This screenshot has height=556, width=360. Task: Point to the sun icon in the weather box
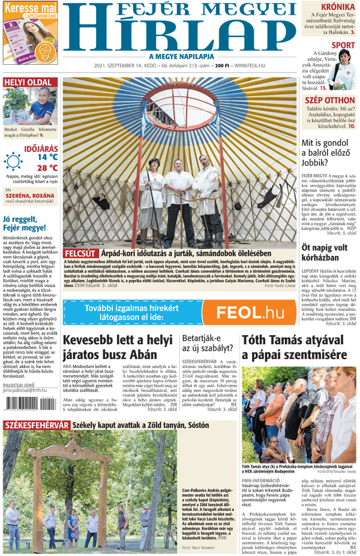[13, 162]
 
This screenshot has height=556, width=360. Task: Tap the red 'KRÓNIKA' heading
[337, 7]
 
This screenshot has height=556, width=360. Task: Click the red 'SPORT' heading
[343, 45]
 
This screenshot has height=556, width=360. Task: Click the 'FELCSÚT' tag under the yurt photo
[80, 253]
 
